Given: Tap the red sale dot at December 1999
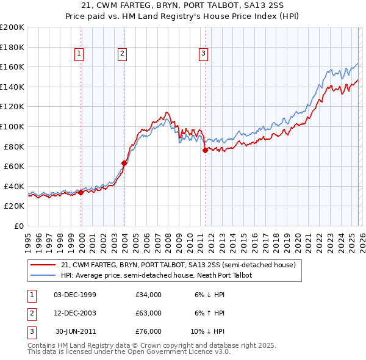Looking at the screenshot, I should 81,192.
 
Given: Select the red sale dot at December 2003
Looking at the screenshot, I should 124,163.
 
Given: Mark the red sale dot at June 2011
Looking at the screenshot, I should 205,150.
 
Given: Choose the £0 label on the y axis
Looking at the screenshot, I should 18,226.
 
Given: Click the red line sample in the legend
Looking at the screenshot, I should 43,265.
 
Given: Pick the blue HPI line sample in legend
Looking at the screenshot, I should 43,275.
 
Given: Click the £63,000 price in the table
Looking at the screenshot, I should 149,313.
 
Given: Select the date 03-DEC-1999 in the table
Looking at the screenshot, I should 75,295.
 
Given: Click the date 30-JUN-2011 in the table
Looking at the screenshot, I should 76,331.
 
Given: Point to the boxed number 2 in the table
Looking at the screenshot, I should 30,313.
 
